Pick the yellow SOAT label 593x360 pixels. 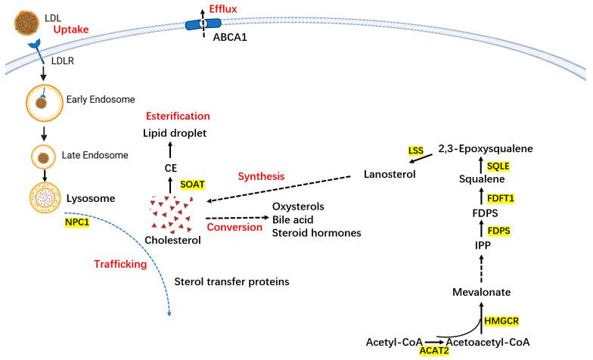pyautogui.click(x=194, y=185)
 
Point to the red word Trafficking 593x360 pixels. pyautogui.click(x=119, y=265)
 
